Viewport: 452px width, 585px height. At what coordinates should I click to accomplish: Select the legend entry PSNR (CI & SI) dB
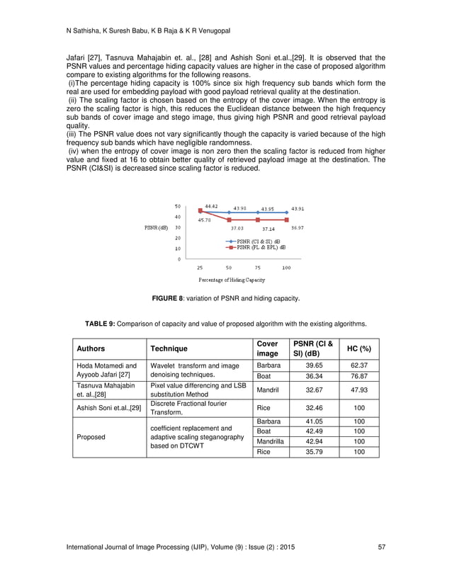pos(258,242)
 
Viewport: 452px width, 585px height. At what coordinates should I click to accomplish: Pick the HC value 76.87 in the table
pos(360,376)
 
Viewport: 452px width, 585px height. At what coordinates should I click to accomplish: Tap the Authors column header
pos(90,348)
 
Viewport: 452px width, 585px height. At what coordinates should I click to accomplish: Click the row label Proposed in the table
pos(91,436)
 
